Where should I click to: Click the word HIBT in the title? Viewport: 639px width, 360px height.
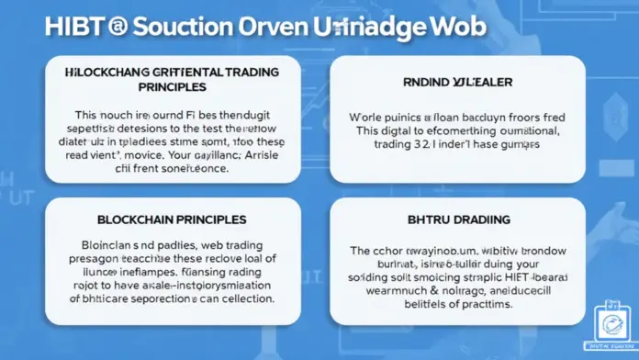pos(76,25)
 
